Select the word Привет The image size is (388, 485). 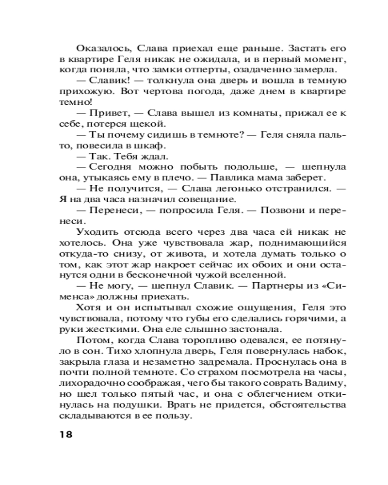click(x=108, y=113)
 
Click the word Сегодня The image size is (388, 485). click(x=114, y=166)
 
